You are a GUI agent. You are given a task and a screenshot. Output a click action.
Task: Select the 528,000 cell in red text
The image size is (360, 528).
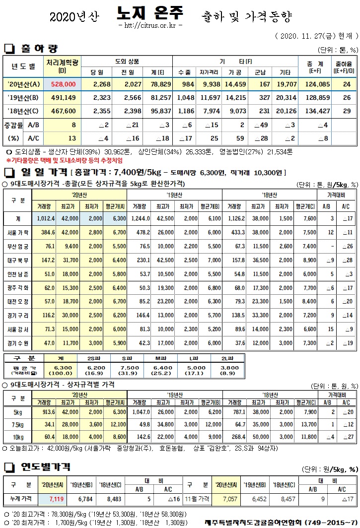[x=63, y=84]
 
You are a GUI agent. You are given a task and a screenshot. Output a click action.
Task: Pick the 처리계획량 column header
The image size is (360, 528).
[x=62, y=66]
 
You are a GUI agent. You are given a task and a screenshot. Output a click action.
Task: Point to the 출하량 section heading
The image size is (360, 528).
[x=39, y=49]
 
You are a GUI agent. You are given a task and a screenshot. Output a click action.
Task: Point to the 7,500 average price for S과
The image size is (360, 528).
[x=127, y=368]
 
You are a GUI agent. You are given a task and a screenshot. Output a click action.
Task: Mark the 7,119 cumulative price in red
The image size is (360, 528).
[x=57, y=498]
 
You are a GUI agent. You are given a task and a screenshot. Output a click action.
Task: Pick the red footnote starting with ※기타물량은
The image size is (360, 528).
[x=64, y=160]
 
